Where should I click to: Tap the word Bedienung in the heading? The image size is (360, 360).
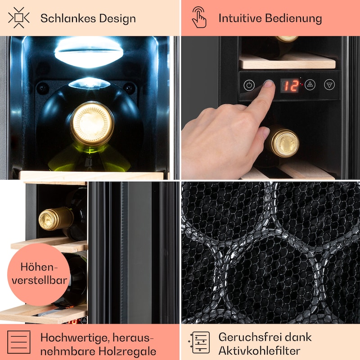[293, 18]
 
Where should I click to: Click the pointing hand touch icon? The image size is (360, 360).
[199, 17]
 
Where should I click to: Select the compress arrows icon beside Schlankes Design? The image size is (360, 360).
[19, 18]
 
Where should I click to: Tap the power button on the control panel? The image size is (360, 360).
[249, 85]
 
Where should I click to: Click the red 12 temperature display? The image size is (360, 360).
[290, 85]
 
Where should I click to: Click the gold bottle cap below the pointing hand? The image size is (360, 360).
[285, 143]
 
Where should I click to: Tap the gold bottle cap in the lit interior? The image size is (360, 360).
[92, 124]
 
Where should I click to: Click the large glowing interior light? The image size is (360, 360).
[89, 52]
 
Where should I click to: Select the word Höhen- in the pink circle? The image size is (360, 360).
[39, 267]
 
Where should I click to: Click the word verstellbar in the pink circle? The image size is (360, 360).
[39, 280]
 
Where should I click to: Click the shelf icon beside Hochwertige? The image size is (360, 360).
[19, 342]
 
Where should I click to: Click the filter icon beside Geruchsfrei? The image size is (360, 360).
[199, 342]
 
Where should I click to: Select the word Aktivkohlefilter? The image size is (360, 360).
[259, 351]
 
